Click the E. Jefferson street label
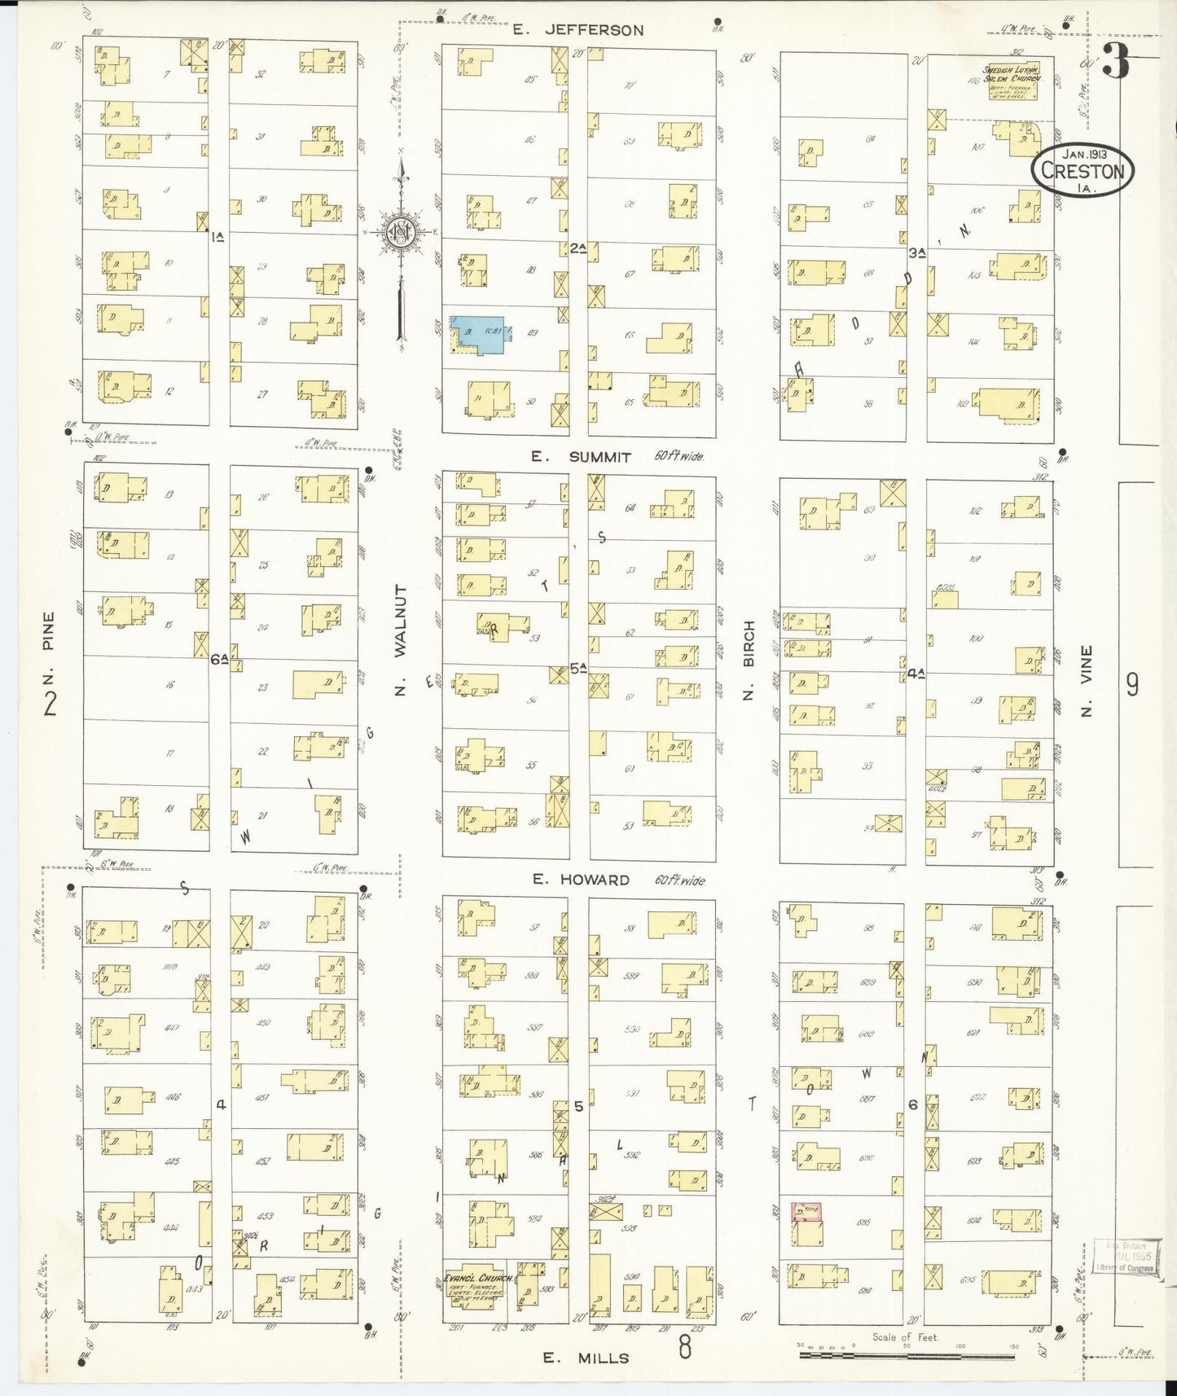click(578, 30)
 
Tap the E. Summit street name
click(582, 457)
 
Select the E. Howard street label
click(581, 880)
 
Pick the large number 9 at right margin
click(1131, 685)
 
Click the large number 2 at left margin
click(51, 702)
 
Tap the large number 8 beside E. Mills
click(684, 1347)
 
